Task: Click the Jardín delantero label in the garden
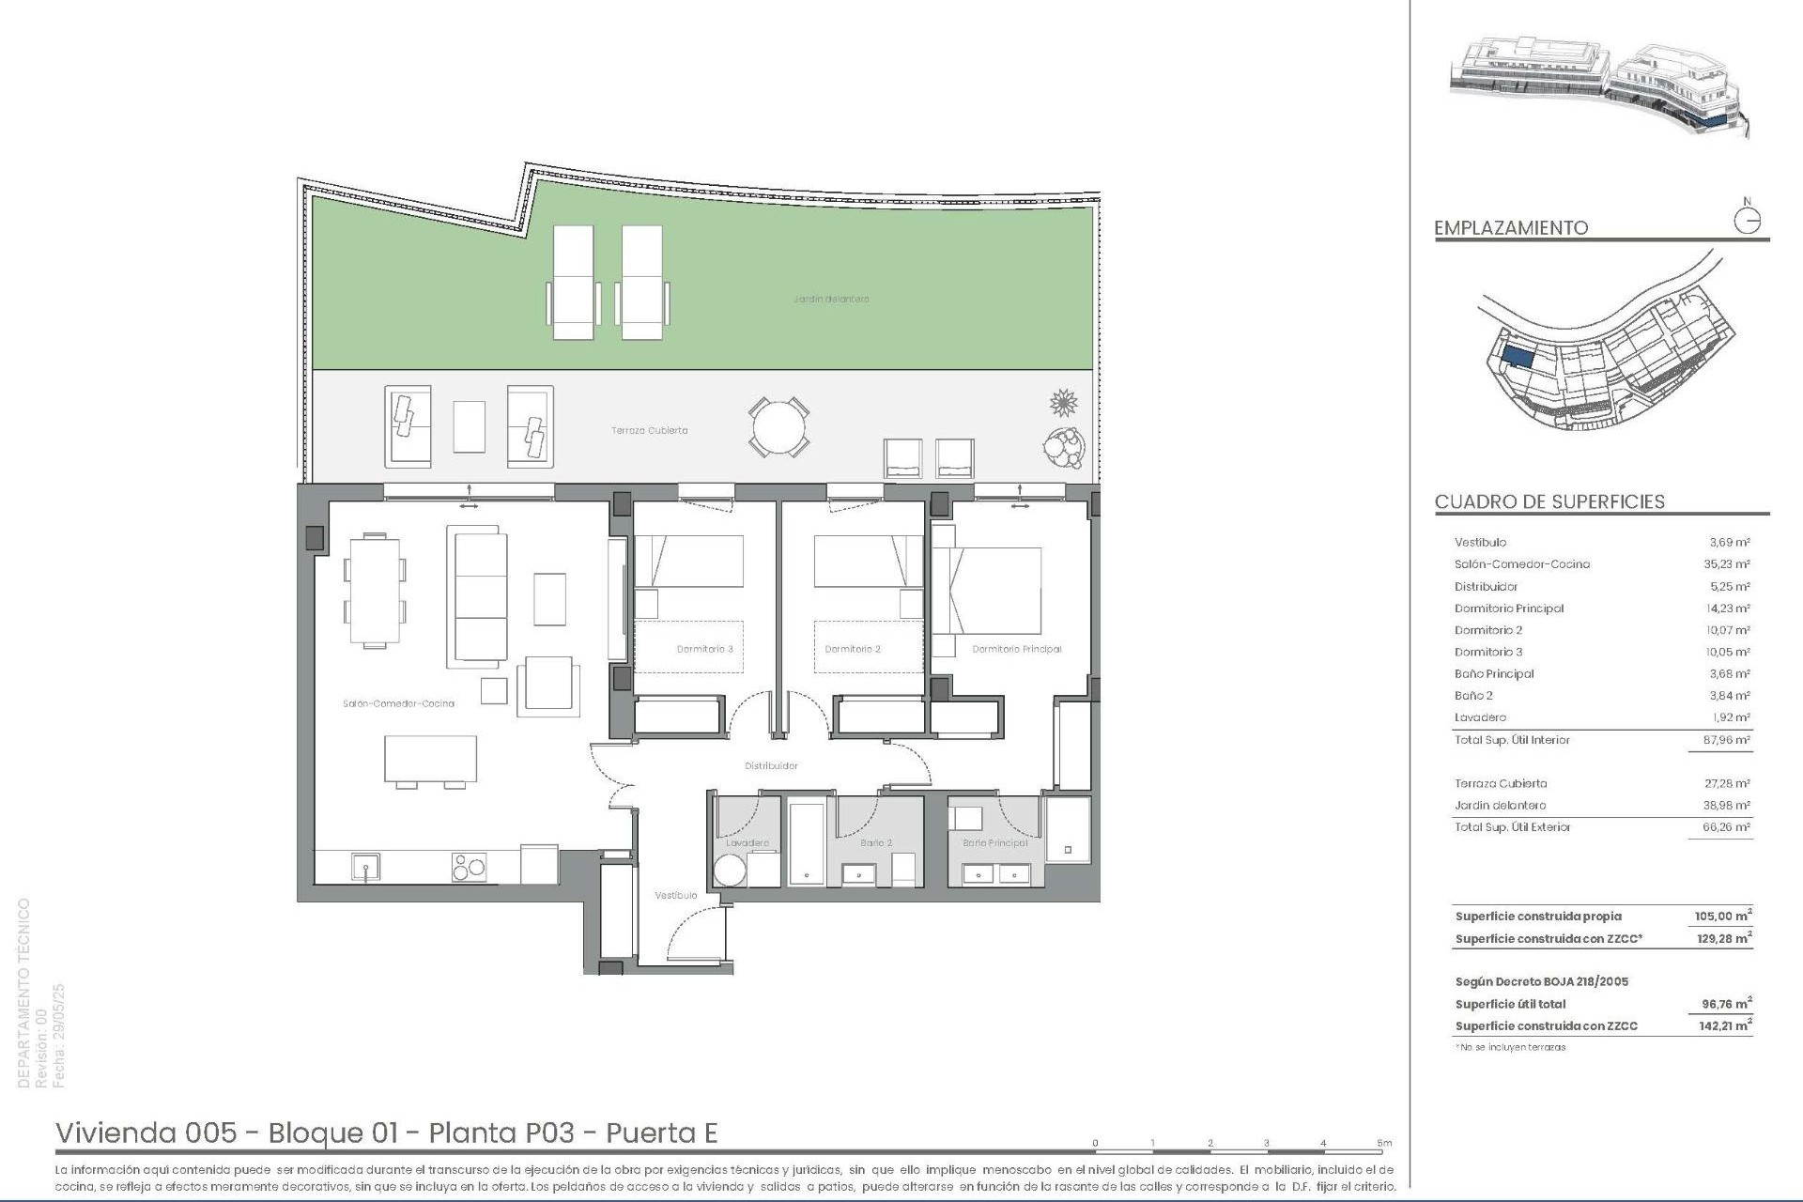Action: tap(830, 299)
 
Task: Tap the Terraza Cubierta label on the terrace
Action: tap(649, 430)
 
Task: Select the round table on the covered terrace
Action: tap(778, 427)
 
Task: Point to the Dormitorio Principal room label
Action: tap(1016, 649)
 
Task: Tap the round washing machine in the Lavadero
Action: tap(730, 871)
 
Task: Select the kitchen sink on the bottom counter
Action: tap(365, 866)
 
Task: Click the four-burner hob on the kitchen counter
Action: tap(470, 866)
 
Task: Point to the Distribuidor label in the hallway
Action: tap(771, 765)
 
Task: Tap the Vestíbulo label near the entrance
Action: tap(675, 895)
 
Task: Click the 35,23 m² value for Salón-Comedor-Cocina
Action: tap(1729, 564)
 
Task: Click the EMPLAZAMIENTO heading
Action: tap(1511, 228)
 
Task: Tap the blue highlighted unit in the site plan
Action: tap(1517, 358)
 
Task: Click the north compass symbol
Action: tap(1747, 220)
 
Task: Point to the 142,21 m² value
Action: tap(1724, 1026)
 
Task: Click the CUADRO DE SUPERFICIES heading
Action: tap(1549, 501)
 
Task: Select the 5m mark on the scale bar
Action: tap(1384, 1144)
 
